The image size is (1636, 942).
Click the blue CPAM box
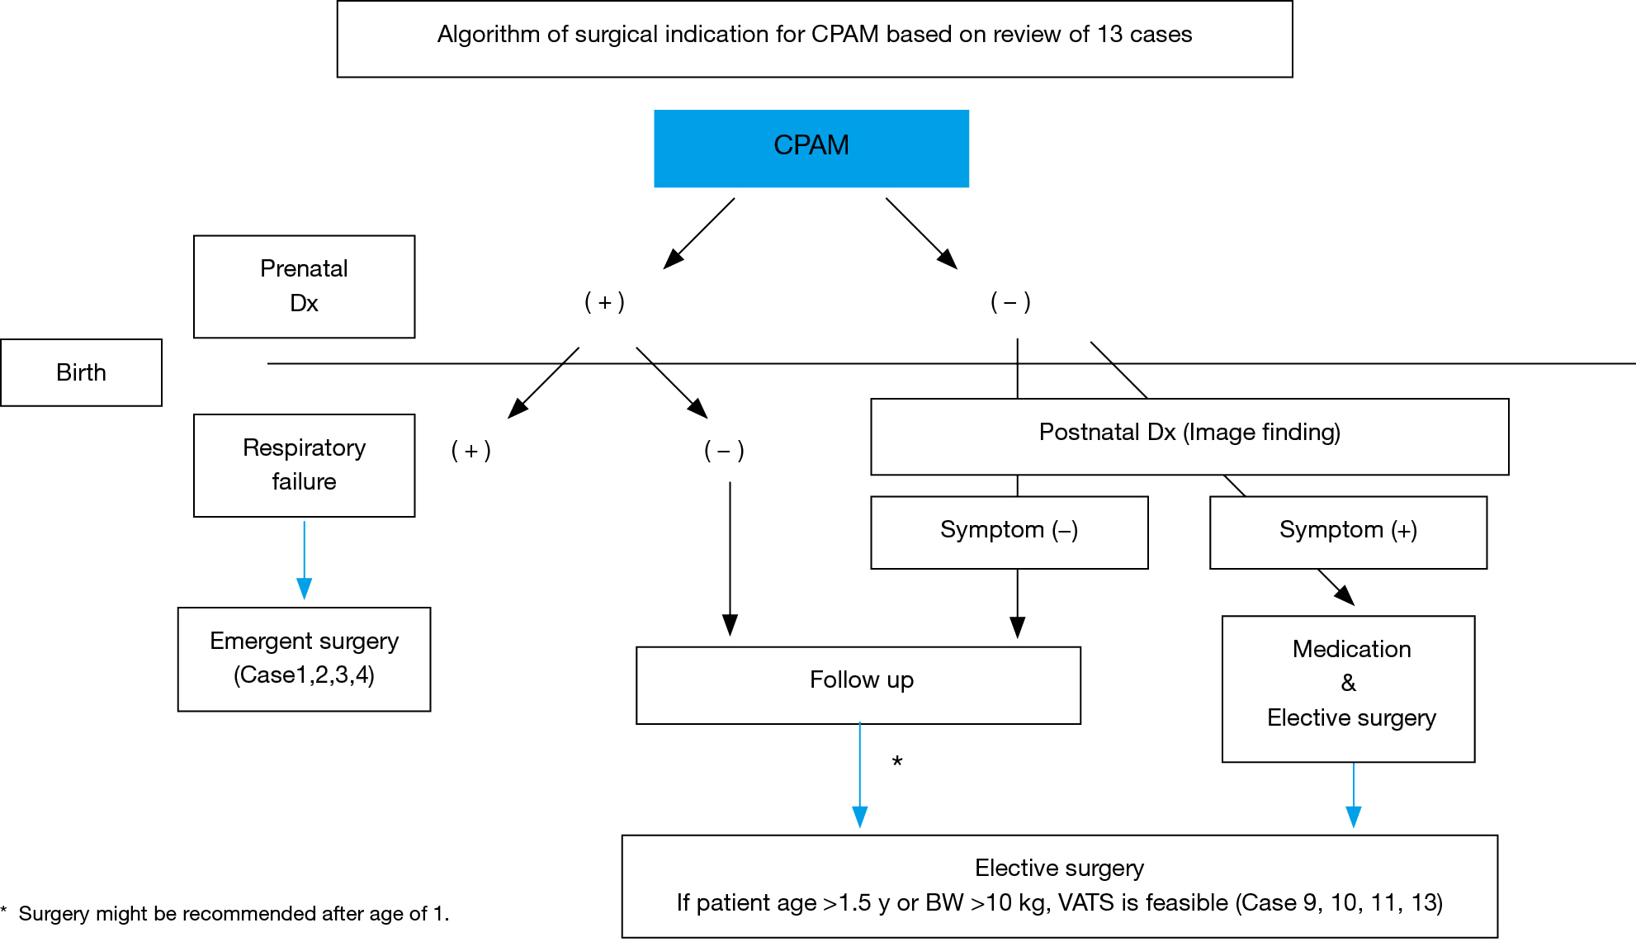[x=811, y=149]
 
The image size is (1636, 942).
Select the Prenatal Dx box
[x=304, y=286]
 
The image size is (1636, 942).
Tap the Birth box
[x=81, y=372]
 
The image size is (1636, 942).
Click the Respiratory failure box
[x=304, y=466]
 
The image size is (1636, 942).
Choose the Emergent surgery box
[x=304, y=659]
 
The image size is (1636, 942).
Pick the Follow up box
[x=858, y=685]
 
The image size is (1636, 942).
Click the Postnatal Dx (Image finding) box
[x=1189, y=437]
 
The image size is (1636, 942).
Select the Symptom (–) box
[x=1009, y=533]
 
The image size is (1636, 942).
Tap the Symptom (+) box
[x=1348, y=533]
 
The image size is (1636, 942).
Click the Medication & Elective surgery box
[x=1348, y=689]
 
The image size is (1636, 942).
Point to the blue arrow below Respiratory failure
[x=304, y=560]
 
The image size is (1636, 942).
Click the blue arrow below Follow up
[x=859, y=774]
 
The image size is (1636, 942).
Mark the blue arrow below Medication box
[x=1354, y=795]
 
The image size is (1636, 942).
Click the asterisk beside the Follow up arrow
[x=897, y=761]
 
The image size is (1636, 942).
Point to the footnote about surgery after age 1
[x=225, y=913]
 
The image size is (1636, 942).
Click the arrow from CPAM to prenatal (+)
[x=699, y=234]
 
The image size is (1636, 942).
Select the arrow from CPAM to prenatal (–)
[x=922, y=234]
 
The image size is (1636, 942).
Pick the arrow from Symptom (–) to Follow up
[x=1018, y=604]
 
